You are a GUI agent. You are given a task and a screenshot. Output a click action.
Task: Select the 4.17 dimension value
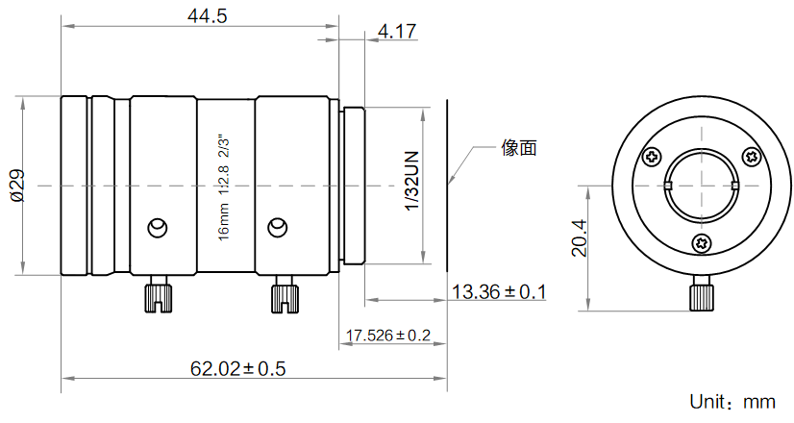(x=398, y=32)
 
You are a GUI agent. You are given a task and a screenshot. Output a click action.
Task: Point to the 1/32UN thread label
(x=412, y=181)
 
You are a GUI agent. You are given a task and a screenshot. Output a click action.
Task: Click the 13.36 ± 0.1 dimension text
(x=499, y=292)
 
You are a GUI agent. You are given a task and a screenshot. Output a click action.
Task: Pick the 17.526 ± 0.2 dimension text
(x=388, y=335)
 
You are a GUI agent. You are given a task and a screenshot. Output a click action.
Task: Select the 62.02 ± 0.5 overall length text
(x=238, y=368)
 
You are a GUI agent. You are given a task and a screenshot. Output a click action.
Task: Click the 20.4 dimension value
(x=579, y=237)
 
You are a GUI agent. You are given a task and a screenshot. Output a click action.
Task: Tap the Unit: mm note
(x=732, y=402)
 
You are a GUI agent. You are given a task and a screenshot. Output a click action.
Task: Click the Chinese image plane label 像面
(x=519, y=147)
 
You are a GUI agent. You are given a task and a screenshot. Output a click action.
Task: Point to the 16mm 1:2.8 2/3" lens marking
(x=223, y=187)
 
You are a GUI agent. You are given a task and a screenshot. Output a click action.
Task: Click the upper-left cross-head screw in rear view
(x=652, y=157)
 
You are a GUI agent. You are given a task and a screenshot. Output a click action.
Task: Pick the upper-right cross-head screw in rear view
(x=752, y=157)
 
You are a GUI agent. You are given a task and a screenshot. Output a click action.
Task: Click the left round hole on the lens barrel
(x=158, y=228)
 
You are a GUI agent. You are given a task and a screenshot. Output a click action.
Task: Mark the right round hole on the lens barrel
(x=278, y=228)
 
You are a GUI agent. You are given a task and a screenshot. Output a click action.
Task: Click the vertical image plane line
(x=447, y=186)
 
